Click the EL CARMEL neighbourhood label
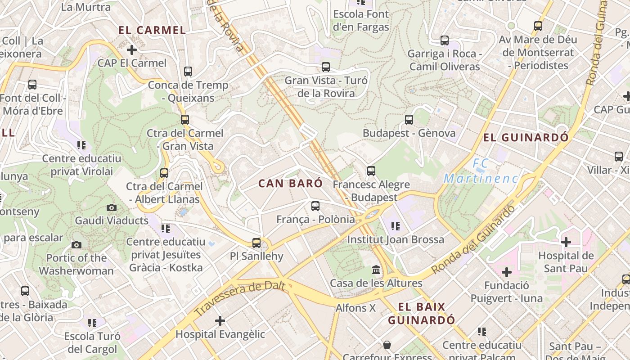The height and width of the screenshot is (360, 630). click(x=152, y=30)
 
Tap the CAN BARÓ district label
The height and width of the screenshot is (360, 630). click(x=291, y=183)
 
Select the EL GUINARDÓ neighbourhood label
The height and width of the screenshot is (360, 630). click(x=526, y=137)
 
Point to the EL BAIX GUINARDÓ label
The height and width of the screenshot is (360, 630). click(x=422, y=314)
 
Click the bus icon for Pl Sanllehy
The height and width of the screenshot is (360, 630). click(x=256, y=243)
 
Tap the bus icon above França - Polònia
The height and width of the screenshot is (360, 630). click(x=315, y=206)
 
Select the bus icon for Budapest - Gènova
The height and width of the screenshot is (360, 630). click(x=409, y=120)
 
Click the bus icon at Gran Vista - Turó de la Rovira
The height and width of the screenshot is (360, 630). click(x=326, y=67)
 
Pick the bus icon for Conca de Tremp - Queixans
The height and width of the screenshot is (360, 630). click(x=188, y=71)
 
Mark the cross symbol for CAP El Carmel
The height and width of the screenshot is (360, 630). click(x=132, y=49)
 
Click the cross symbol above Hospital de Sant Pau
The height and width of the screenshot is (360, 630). click(x=566, y=242)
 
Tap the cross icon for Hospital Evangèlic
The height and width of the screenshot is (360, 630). click(x=220, y=321)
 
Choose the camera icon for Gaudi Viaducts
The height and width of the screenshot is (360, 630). click(x=111, y=207)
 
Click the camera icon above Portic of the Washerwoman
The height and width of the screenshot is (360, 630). click(x=76, y=245)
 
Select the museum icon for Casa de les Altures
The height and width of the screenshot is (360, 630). click(x=376, y=270)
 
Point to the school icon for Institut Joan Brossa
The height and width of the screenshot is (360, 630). click(x=396, y=226)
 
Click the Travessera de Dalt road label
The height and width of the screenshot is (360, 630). click(x=240, y=297)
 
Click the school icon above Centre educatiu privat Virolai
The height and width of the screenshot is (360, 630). click(x=81, y=145)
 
